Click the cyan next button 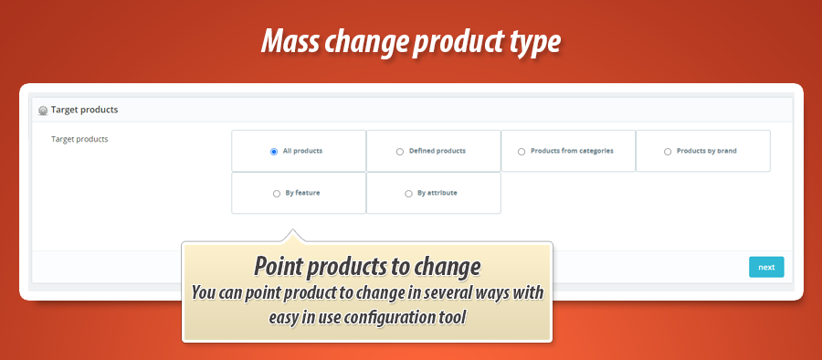(766, 267)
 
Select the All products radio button (274, 152)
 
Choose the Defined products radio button (400, 152)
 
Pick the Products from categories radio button (522, 152)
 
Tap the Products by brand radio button (668, 152)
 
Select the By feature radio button (277, 194)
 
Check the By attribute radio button (408, 194)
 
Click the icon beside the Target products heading (42, 111)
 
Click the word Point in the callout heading (279, 267)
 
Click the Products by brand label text (706, 151)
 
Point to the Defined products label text (437, 151)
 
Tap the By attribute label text (437, 193)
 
